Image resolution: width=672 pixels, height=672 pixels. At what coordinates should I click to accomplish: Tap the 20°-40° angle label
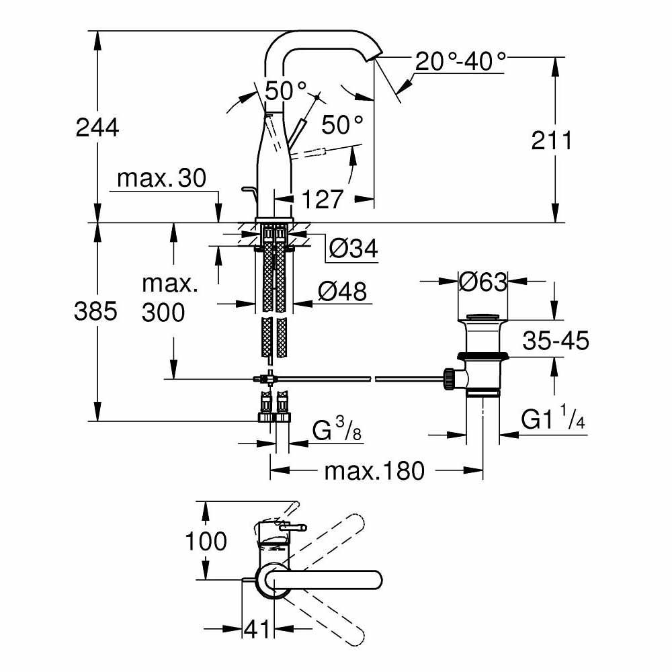(460, 62)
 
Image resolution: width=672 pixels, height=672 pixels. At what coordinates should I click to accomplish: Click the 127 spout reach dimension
(322, 200)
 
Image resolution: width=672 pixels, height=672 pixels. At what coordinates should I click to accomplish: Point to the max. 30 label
(161, 179)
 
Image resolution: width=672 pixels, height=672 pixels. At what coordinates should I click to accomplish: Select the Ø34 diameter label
(353, 249)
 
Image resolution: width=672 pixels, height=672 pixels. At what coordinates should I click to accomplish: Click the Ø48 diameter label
(343, 292)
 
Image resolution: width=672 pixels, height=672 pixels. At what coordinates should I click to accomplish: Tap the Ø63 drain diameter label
(482, 282)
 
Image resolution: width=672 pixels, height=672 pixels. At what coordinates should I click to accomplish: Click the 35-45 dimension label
(556, 341)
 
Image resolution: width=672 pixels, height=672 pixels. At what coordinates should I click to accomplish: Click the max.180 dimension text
(374, 471)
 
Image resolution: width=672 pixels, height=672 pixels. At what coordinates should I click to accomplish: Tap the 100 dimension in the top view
(206, 541)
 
